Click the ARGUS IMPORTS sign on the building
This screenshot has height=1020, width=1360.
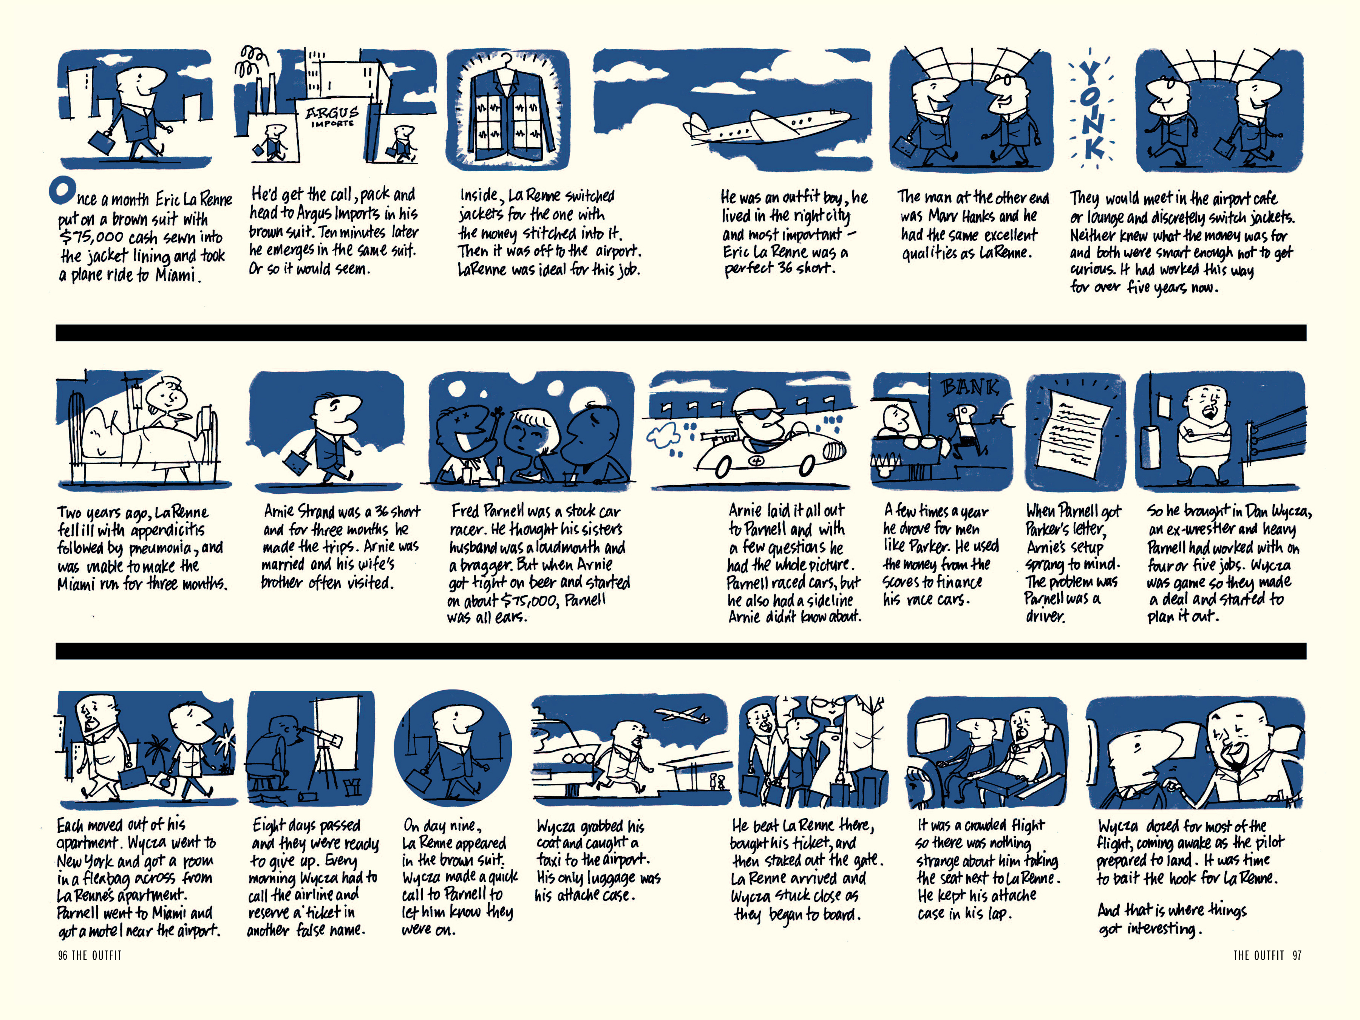pyautogui.click(x=332, y=116)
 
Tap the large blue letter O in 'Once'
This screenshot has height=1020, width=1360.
pyautogui.click(x=62, y=191)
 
